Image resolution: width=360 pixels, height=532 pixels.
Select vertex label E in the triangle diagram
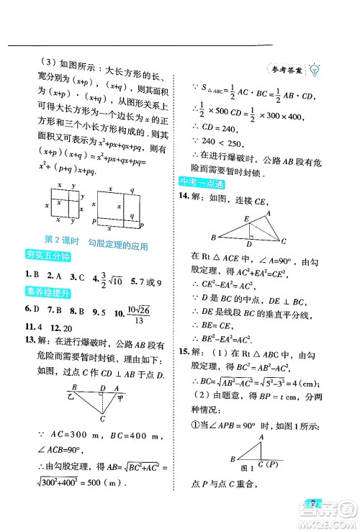click(x=246, y=218)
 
